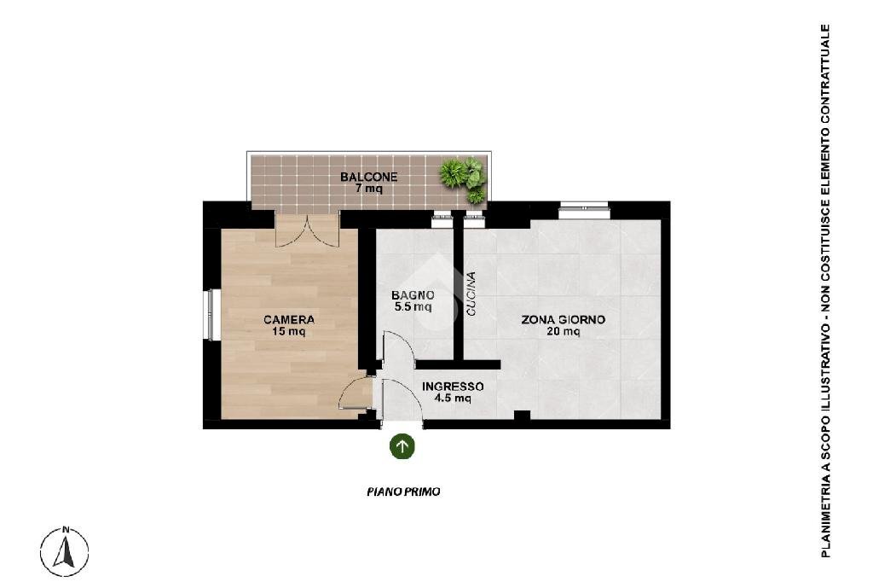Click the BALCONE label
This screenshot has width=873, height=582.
coord(368,178)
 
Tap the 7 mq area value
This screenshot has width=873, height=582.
coord(369,189)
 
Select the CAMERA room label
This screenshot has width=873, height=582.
coord(288,320)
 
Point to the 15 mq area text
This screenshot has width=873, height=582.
coord(288,332)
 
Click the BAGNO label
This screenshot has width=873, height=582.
coord(413,295)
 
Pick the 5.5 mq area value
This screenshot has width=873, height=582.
coord(413,307)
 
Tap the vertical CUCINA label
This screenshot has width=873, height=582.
coord(471,294)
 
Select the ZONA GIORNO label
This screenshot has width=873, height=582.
coord(563,320)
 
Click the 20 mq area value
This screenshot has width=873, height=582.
coord(563,332)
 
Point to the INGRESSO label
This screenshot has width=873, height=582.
coord(453,387)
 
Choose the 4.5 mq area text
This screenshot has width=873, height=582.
coord(453,398)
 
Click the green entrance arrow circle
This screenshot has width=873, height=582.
coord(402,446)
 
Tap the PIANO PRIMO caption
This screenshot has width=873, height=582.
coord(403,492)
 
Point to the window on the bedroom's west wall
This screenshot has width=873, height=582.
coord(211,314)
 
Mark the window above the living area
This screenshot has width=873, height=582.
coord(584,211)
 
